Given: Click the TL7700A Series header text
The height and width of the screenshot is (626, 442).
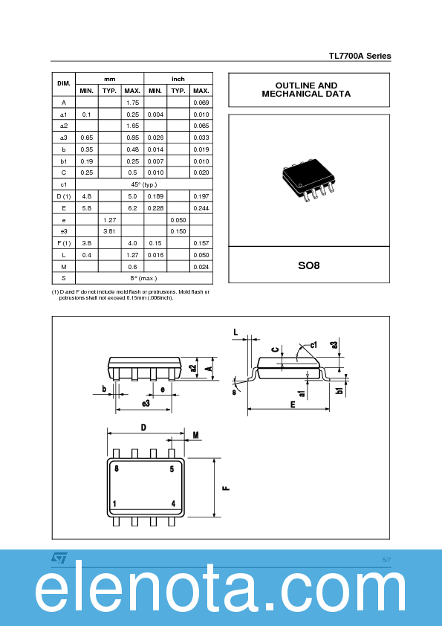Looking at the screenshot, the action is pos(360,57).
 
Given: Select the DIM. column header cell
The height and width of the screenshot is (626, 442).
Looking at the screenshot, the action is pos(64,84).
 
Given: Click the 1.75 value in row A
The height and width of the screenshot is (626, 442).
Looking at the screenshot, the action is pos(132,102).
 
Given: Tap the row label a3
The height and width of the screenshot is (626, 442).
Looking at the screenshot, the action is pos(64,138).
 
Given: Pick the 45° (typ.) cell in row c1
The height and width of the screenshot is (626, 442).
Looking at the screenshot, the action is pos(143,184).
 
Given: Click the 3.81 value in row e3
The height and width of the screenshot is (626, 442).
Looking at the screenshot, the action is pos(109,231).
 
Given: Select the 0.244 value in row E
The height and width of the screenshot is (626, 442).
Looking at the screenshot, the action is pos(201,208).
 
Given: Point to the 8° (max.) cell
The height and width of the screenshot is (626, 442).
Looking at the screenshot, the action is pos(143,278).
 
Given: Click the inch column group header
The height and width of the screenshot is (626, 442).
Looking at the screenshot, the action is pos(178,78).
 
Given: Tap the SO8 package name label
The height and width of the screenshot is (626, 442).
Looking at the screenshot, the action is pos(308,265).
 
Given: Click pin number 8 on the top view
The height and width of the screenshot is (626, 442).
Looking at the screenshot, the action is pos(117,469).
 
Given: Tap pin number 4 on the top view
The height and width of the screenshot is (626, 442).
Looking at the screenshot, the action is pos(173,503).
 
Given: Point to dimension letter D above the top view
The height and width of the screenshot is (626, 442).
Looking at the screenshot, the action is pos(143,427).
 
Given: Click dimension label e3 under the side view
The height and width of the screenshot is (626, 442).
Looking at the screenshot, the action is pos(146,403).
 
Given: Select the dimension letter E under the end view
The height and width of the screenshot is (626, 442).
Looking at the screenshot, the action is pos(293,404).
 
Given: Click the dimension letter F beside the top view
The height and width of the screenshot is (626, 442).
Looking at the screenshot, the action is pos(227,488).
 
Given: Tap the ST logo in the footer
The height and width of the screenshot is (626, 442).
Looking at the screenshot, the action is pos(59,558).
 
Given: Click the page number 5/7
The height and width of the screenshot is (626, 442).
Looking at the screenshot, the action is pos(386,559).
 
